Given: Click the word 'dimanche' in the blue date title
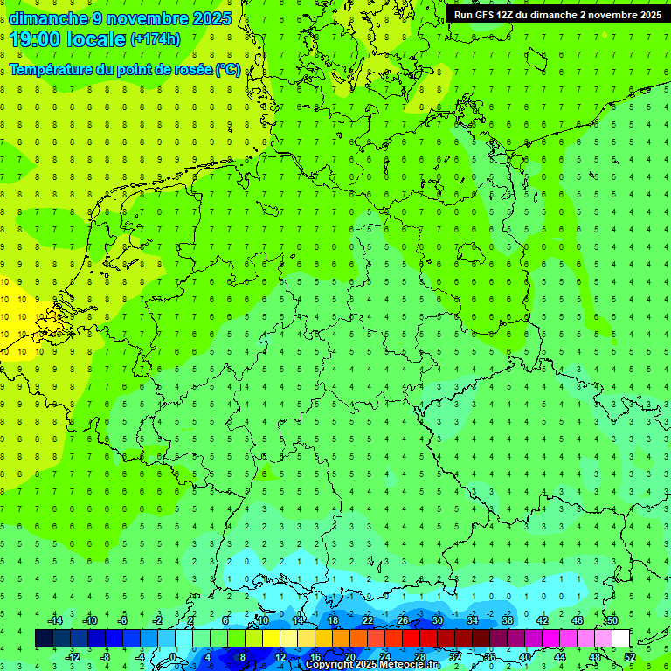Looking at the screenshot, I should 48,18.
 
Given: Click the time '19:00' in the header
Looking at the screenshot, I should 38,39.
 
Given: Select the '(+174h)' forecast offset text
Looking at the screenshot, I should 156,39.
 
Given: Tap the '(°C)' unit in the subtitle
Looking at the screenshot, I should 228,69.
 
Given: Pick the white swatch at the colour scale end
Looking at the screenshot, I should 620,639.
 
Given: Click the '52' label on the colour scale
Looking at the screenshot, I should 629,657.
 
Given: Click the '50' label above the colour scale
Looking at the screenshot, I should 612,620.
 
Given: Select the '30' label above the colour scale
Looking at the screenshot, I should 437,620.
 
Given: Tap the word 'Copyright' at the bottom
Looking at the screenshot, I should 330,665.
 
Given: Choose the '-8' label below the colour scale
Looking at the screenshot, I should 106,657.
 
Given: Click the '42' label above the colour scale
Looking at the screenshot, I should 542,620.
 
